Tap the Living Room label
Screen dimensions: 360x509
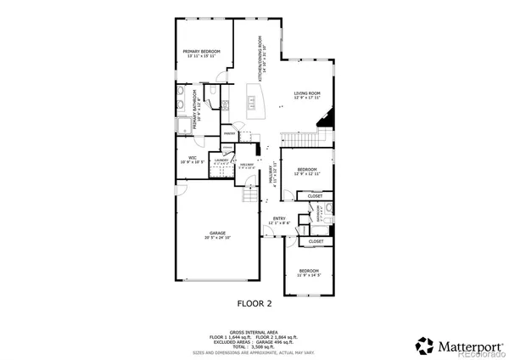[x=306, y=95]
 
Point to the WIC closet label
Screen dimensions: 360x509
[x=193, y=159]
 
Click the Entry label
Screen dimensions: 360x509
[x=278, y=220]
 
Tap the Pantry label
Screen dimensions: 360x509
[x=229, y=134]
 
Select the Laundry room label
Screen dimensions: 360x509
[x=221, y=160]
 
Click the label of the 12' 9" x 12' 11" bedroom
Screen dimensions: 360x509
[x=305, y=172]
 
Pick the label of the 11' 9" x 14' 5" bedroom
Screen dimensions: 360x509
[x=306, y=272]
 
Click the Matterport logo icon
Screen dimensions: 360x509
[x=422, y=346]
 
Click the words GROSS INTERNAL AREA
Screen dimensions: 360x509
[x=254, y=332]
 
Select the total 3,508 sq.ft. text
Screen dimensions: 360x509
[x=254, y=346]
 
